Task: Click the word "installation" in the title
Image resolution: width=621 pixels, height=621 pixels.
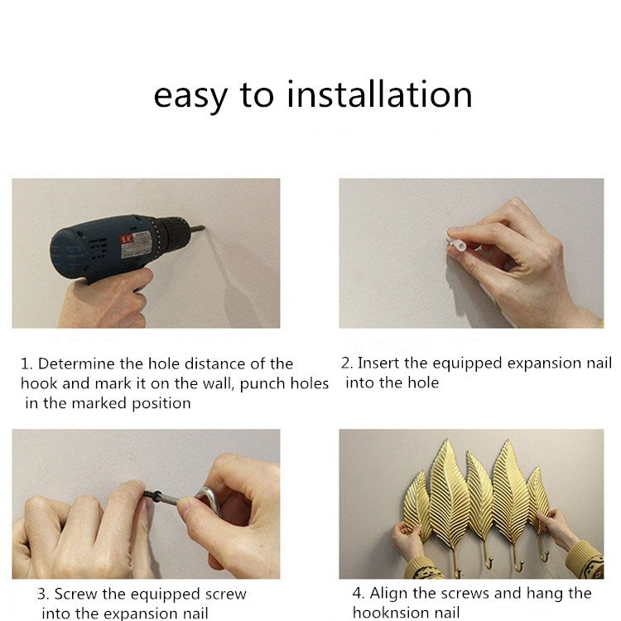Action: click(379, 94)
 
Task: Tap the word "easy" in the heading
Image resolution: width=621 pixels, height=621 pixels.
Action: click(190, 98)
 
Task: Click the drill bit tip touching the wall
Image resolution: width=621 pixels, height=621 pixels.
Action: click(204, 228)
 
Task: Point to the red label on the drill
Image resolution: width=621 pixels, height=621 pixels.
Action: click(127, 240)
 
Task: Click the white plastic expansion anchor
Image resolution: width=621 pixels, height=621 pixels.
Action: click(455, 243)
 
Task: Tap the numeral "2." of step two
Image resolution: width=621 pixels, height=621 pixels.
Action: click(347, 363)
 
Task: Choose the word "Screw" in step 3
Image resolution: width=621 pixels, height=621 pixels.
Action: click(75, 594)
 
